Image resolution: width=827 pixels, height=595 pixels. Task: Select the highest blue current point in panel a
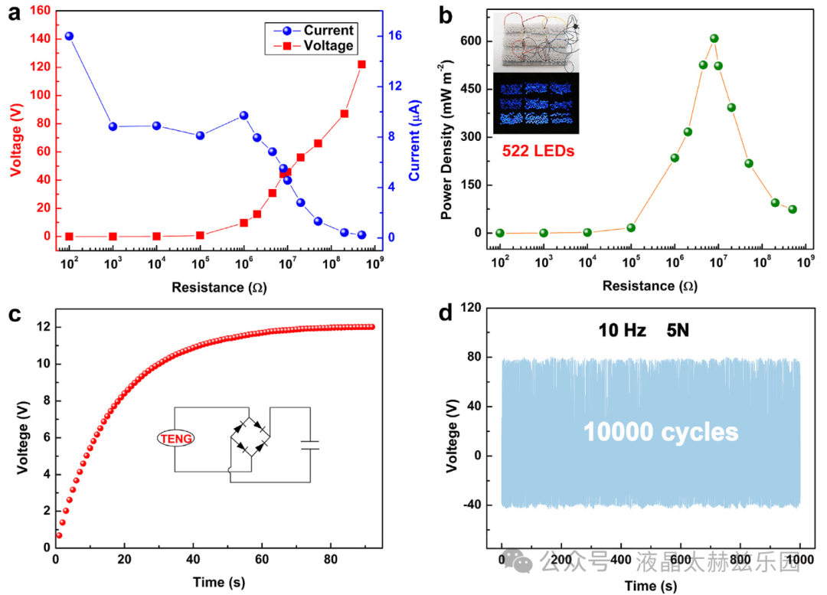(x=69, y=36)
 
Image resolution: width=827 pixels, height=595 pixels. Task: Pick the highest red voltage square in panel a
(x=361, y=64)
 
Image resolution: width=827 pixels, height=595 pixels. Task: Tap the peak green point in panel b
(x=714, y=38)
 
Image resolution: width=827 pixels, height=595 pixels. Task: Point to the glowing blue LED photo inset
(x=535, y=103)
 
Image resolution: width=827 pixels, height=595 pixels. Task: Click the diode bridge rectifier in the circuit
(x=250, y=436)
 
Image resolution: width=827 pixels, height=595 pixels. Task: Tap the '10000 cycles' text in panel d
(x=661, y=432)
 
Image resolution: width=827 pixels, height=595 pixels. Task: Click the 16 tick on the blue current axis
(x=395, y=36)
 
